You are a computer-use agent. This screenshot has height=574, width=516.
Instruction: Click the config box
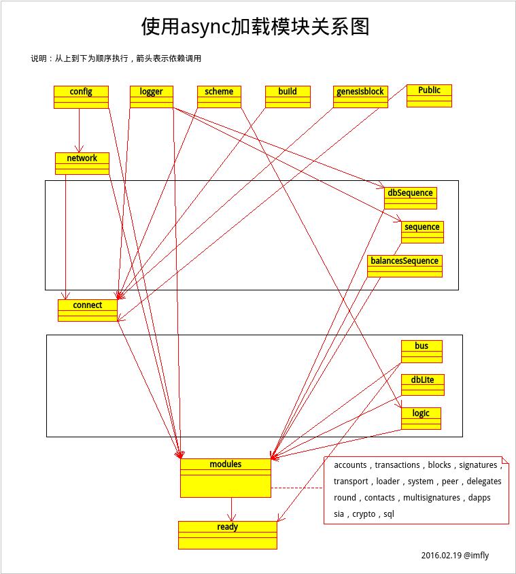81,97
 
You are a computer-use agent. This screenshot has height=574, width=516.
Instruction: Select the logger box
151,97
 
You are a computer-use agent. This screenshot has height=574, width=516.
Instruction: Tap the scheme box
219,97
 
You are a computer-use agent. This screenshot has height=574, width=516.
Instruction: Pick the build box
288,97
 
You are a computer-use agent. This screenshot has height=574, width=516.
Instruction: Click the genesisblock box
360,97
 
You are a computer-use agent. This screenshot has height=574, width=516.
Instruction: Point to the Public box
429,95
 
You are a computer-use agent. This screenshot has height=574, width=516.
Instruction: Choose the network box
82,163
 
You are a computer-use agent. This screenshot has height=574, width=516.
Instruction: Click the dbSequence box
410,198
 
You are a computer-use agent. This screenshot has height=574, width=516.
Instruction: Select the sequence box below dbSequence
422,232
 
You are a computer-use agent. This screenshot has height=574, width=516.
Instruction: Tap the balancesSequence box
405,266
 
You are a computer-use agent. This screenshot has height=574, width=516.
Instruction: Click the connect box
88,310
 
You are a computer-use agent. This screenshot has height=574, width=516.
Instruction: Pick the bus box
422,351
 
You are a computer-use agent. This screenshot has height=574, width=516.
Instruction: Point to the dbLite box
422,385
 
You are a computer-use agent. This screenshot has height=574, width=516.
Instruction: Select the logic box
421,418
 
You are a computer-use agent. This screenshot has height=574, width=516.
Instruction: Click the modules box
225,477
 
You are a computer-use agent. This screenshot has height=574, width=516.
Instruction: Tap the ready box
228,535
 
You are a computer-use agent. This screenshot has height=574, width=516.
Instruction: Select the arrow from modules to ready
232,509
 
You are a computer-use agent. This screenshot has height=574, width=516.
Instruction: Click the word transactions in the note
397,465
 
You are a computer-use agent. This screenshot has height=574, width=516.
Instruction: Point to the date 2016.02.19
441,556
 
